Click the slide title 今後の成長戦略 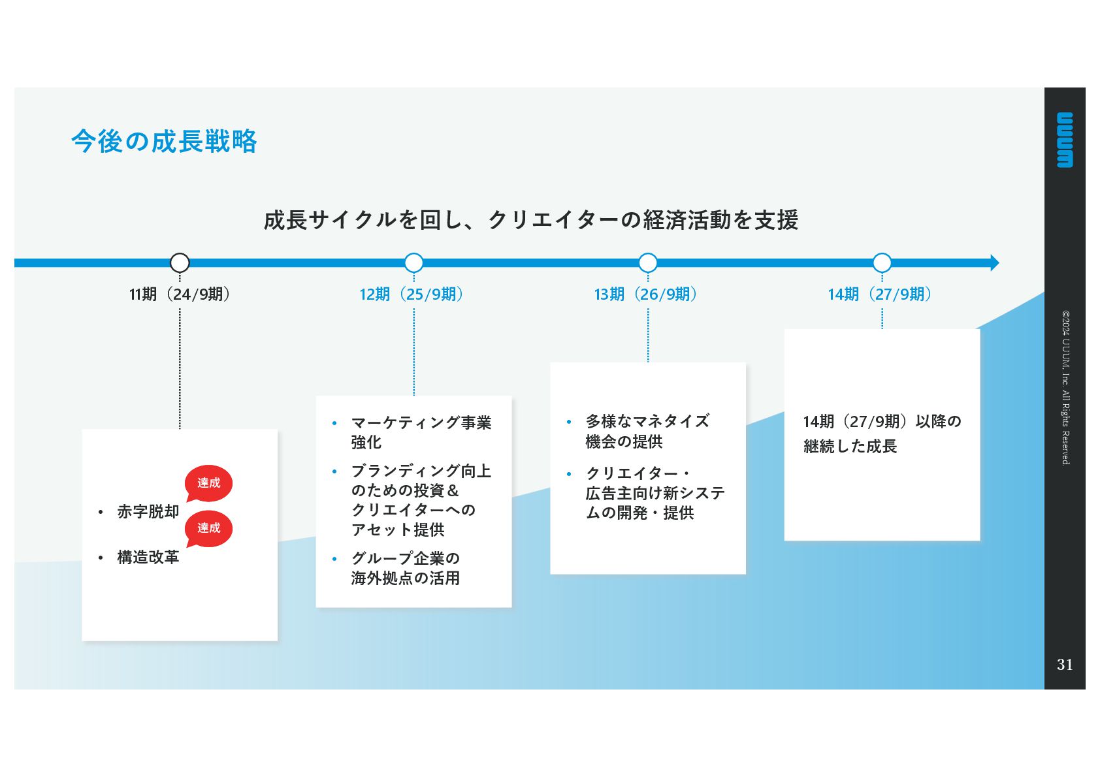164,141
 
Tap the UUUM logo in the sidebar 1065,140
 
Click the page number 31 1065,664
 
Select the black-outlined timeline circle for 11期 180,262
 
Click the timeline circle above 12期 413,262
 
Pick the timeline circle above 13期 647,262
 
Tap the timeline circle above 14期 882,262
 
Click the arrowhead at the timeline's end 994,262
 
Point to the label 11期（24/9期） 180,294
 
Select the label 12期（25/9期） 412,294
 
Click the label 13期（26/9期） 645,294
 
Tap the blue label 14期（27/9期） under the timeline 879,294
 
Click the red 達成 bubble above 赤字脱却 209,483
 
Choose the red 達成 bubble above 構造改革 209,528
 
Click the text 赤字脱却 148,512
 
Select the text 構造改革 148,557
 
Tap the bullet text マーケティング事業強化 420,432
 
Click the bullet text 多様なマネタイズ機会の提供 647,431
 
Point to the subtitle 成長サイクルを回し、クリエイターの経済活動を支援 530,220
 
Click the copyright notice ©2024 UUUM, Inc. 1065,387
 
